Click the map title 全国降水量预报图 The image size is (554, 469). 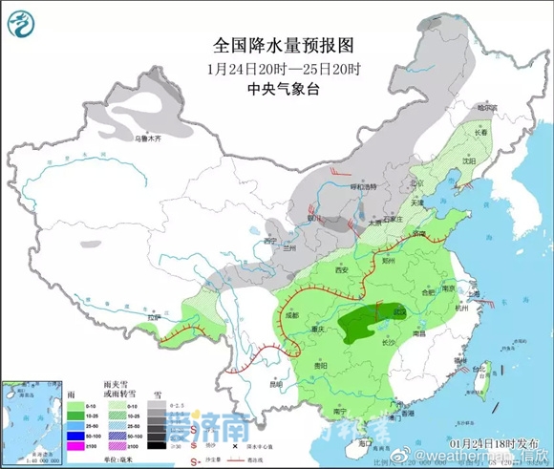click(276, 45)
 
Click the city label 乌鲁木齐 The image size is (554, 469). click(149, 139)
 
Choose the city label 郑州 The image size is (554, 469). click(386, 259)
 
